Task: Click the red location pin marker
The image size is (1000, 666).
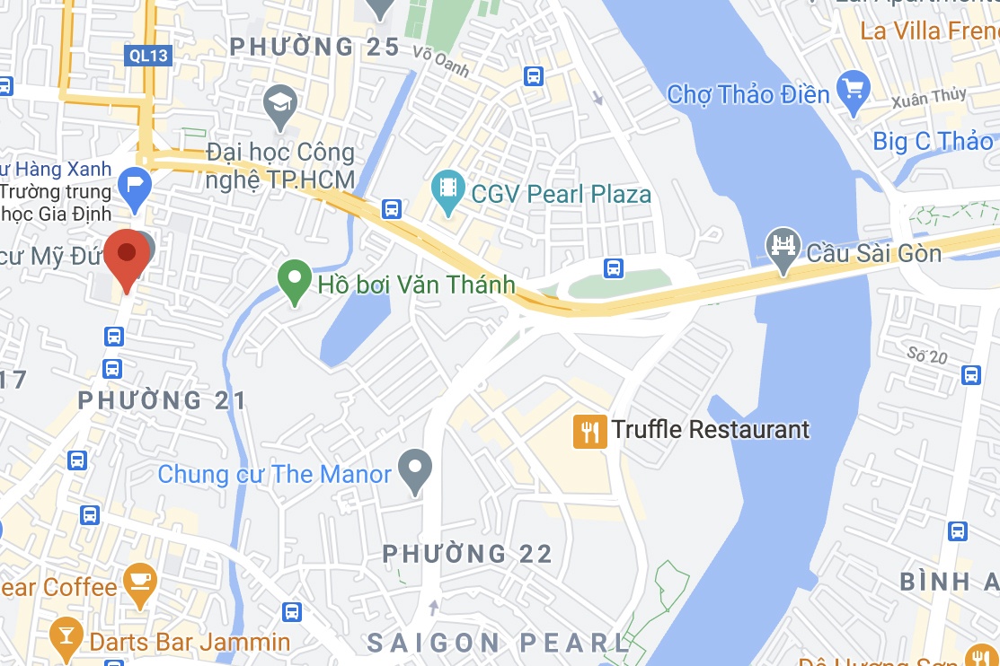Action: tap(127, 256)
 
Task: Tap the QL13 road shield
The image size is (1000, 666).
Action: tap(147, 56)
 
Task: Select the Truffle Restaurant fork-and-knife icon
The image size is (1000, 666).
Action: tap(589, 432)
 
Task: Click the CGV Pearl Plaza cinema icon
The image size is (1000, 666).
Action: tap(447, 189)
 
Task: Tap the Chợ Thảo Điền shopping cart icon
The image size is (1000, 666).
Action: tap(853, 90)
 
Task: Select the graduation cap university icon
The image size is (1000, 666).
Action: tap(281, 102)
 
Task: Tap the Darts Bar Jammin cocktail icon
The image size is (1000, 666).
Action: tap(66, 635)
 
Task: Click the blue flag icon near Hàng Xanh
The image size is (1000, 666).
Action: tap(135, 186)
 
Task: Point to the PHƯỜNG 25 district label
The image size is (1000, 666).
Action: tap(314, 47)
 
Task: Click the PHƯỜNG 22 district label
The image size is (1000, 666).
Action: tap(467, 554)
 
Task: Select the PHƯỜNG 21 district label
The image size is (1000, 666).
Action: tap(162, 400)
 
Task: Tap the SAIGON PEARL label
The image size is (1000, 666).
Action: tap(500, 643)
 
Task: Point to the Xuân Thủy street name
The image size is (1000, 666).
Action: tap(929, 100)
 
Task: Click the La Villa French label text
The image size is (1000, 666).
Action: tap(925, 31)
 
